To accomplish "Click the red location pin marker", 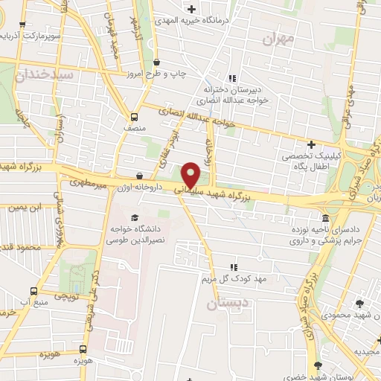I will (x=191, y=176).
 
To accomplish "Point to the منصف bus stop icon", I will (x=134, y=117).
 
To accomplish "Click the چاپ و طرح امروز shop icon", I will (x=156, y=63).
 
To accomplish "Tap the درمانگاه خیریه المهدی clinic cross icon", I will (x=193, y=9).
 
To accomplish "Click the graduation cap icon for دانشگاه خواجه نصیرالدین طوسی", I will (x=134, y=217).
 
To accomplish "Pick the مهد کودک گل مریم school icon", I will (x=234, y=267).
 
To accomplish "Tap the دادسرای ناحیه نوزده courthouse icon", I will (x=326, y=218).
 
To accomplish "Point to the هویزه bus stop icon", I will (x=83, y=349).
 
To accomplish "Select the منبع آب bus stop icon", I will (x=33, y=291).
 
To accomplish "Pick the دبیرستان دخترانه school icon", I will (x=232, y=78).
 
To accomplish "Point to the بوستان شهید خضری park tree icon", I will (x=318, y=365).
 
